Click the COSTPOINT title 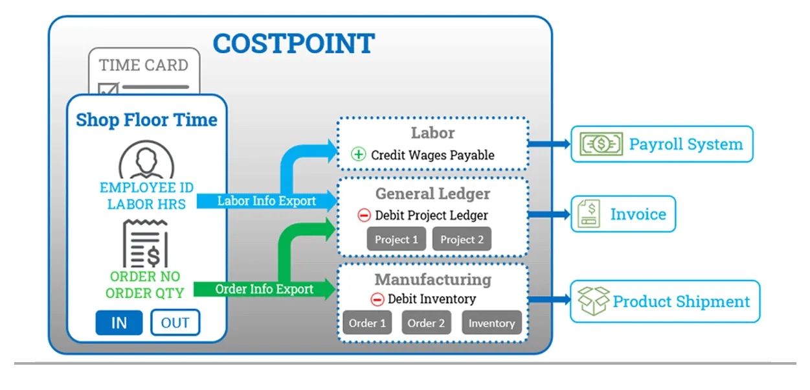tap(293, 44)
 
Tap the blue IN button tap(119, 323)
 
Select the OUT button tap(175, 323)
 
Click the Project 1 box tap(396, 240)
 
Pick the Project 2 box tap(462, 240)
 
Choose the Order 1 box tap(367, 323)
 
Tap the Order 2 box tap(426, 323)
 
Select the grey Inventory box tap(491, 323)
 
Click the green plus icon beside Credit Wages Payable tap(359, 155)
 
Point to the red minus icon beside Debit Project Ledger tap(364, 216)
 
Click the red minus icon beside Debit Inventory tap(377, 299)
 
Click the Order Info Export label tap(264, 289)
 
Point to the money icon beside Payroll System tap(600, 144)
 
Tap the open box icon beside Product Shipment tap(593, 301)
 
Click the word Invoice tap(638, 214)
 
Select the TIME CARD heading tap(144, 65)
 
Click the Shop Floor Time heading tap(146, 120)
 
